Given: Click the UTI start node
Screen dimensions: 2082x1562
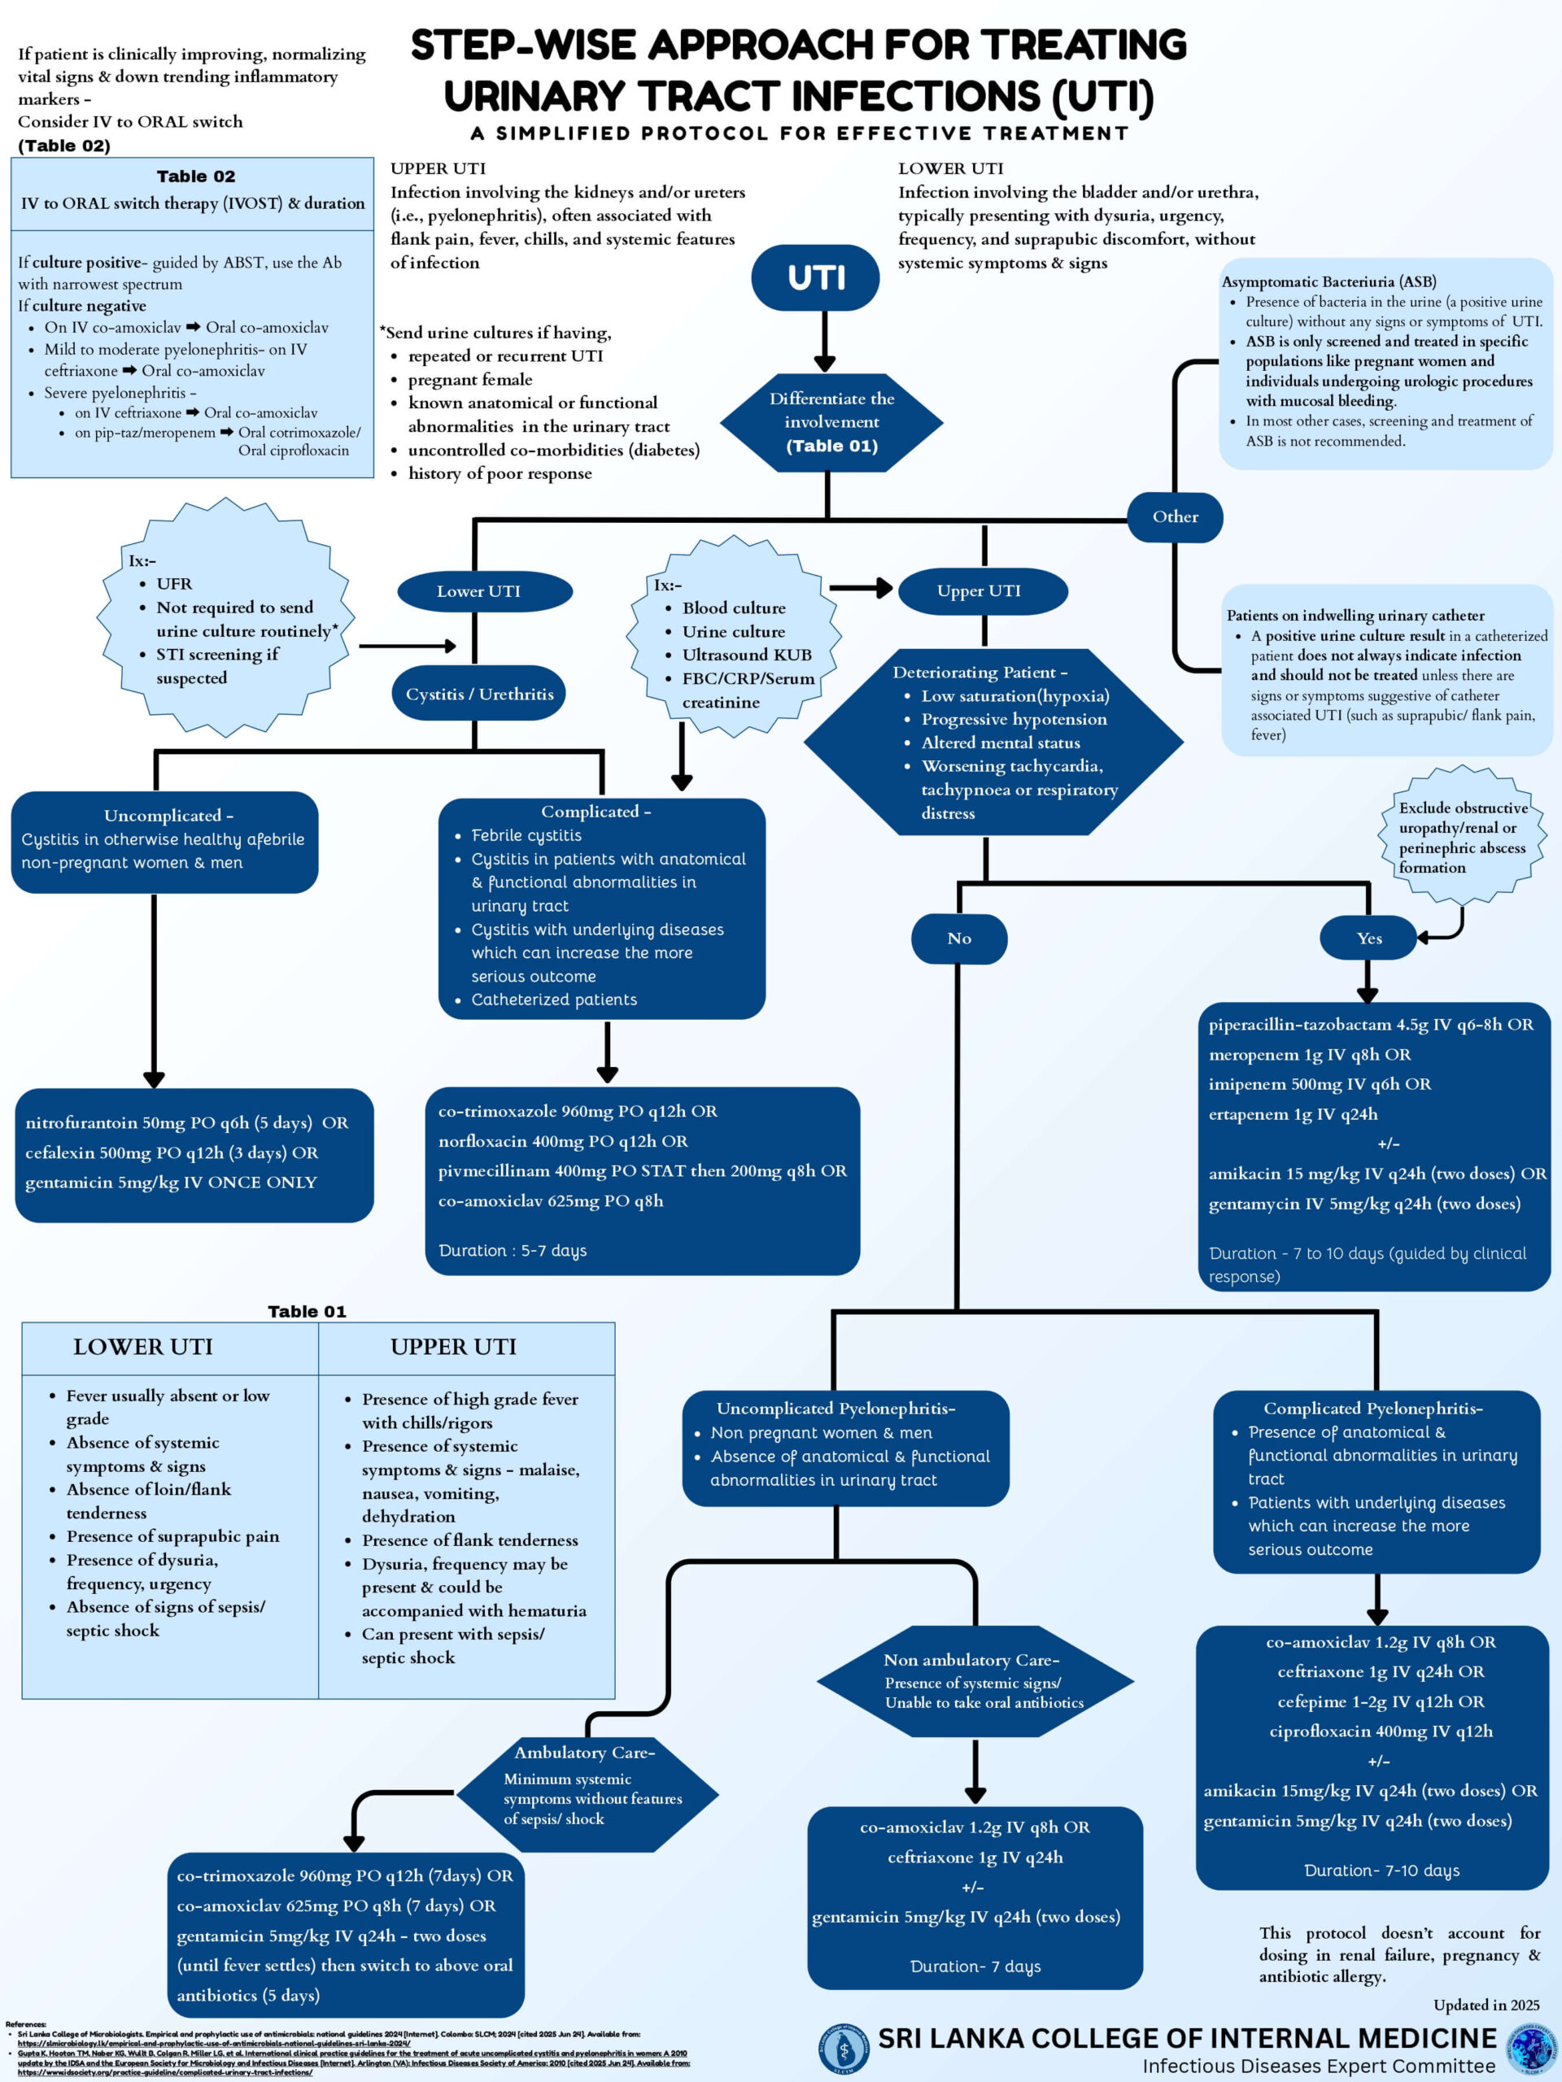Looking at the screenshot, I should (x=815, y=277).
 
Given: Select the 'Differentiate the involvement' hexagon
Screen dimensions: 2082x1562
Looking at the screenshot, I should (x=831, y=421).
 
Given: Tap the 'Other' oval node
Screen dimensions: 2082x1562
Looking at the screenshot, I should (x=1174, y=516).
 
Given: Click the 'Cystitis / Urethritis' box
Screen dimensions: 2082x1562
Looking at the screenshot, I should (x=479, y=694).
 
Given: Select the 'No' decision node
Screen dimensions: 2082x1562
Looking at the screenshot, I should (x=958, y=939).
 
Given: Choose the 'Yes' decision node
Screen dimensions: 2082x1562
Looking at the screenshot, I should (x=1368, y=939).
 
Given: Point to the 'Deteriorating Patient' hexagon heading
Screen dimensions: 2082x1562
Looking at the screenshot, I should (x=980, y=672).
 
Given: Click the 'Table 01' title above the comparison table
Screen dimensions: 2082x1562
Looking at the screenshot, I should (x=307, y=1311).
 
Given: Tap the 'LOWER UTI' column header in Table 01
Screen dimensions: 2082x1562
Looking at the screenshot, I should (x=143, y=1347).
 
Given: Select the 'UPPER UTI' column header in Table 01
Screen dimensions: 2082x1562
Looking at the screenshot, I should (x=453, y=1347).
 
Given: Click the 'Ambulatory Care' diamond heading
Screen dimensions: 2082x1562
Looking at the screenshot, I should (x=584, y=1753).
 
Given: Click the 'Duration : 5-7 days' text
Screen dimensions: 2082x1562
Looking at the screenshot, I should (x=513, y=1250).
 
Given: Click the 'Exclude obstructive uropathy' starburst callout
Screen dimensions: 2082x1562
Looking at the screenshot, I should (x=1461, y=837).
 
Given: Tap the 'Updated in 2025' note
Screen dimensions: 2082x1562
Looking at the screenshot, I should (x=1486, y=2005).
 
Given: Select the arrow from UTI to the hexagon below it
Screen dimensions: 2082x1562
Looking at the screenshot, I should (x=825, y=341).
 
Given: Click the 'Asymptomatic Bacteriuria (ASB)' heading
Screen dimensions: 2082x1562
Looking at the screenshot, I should (x=1328, y=281).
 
